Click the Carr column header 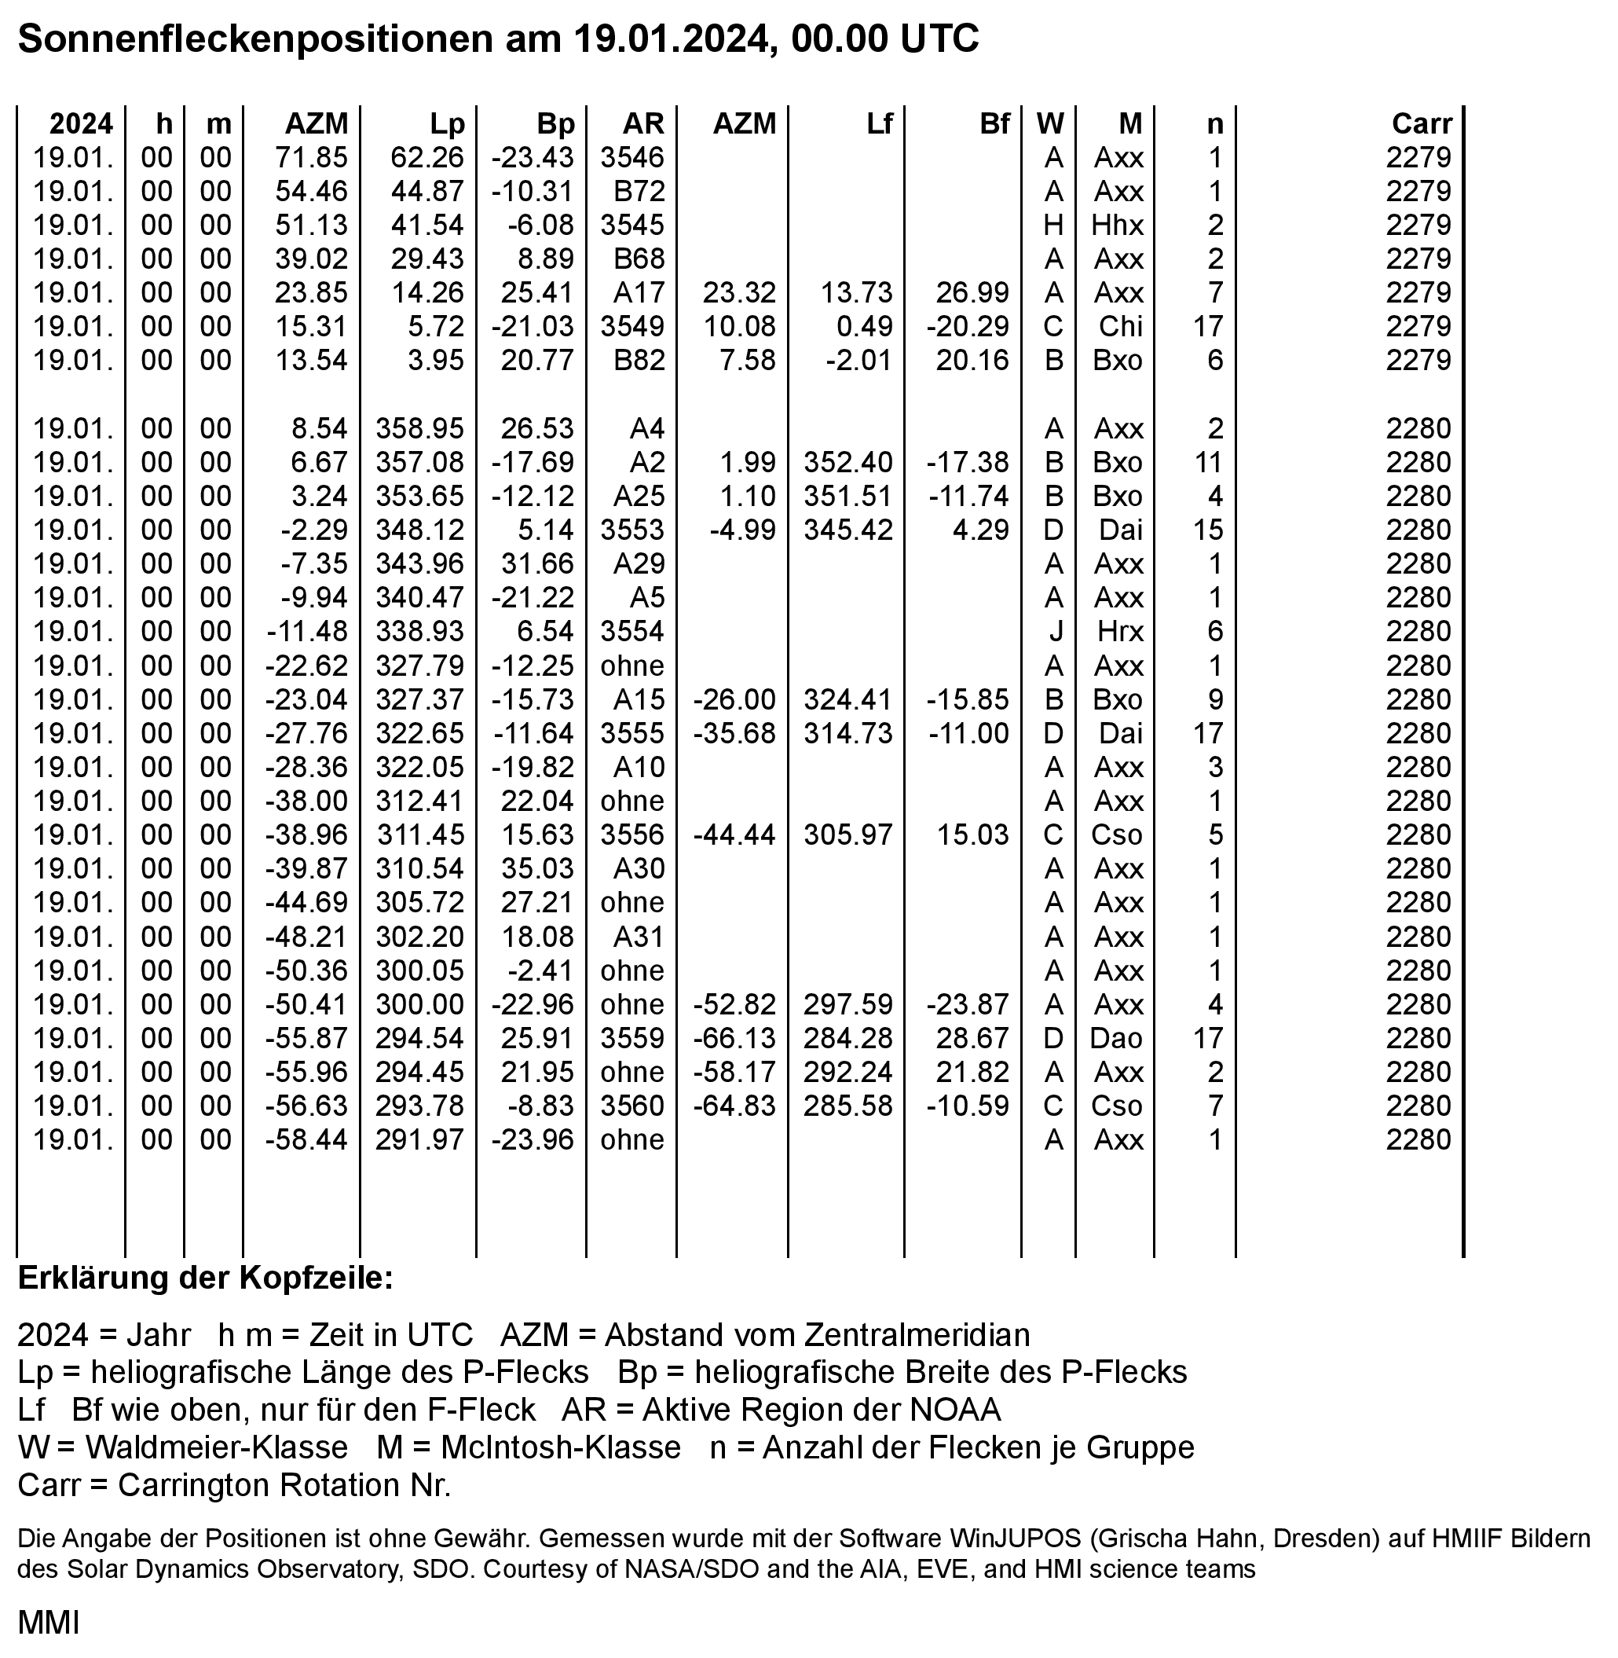click(1422, 124)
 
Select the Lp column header click(447, 124)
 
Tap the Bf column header click(994, 124)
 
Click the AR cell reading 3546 click(632, 157)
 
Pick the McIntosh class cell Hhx click(1118, 226)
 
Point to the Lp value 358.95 click(419, 428)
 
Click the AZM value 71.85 click(311, 157)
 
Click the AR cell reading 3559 click(632, 1038)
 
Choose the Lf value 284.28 click(848, 1038)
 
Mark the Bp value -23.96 click(533, 1140)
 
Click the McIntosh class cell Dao click(1118, 1038)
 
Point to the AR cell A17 click(639, 292)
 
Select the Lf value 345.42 click(848, 530)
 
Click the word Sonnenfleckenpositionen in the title click(255, 39)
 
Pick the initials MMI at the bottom click(49, 1623)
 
